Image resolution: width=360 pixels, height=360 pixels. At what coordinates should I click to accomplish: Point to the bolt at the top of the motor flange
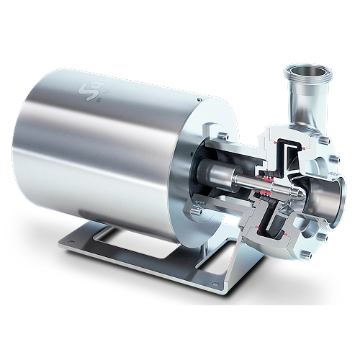[228, 135]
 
